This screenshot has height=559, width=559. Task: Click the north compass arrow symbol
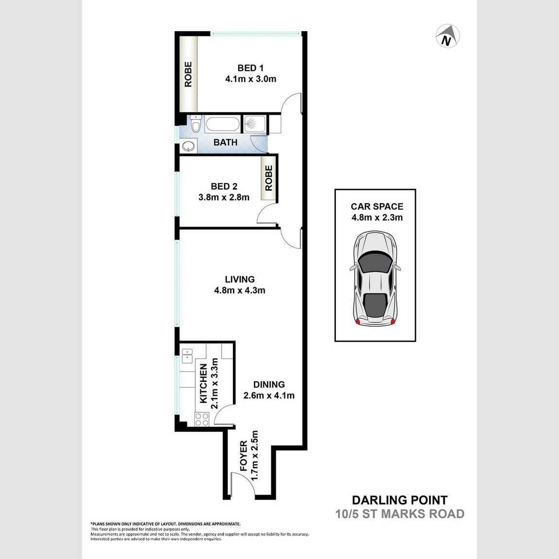click(x=448, y=36)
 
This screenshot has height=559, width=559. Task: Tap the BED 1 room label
click(x=251, y=68)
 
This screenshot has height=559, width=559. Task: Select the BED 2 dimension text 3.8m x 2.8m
click(x=224, y=197)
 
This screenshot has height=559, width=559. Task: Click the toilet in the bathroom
click(x=196, y=124)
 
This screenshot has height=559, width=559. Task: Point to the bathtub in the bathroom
click(x=223, y=124)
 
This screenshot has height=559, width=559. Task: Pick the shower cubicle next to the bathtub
click(x=255, y=123)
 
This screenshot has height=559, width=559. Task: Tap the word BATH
click(x=226, y=142)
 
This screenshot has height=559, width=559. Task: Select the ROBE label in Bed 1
click(x=188, y=74)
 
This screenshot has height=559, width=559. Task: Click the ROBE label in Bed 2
click(x=269, y=177)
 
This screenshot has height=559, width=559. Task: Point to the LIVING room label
click(x=240, y=279)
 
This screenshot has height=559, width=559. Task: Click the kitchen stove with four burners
click(x=202, y=419)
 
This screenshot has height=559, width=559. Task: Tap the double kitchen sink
click(x=187, y=356)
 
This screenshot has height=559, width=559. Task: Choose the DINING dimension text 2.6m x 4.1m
click(x=269, y=395)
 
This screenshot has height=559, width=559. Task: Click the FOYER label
click(x=244, y=455)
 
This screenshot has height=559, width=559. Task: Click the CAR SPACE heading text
click(x=377, y=207)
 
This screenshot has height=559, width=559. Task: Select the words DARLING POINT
click(x=400, y=500)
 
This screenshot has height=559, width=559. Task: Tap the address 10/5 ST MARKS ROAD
click(x=400, y=514)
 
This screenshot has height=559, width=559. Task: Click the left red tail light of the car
click(x=358, y=322)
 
